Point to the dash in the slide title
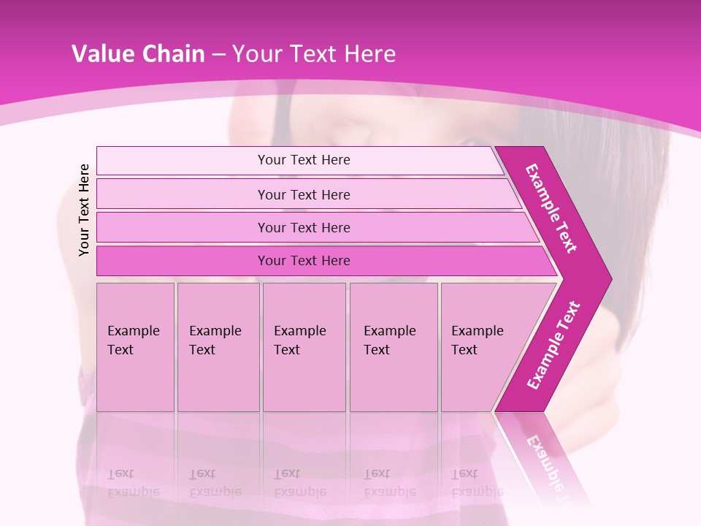click(x=218, y=55)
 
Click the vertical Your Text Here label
click(x=84, y=210)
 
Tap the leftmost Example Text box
click(x=135, y=347)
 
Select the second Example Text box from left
click(x=218, y=347)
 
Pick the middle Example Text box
click(x=304, y=347)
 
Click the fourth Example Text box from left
click(x=394, y=347)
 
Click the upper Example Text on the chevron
click(x=551, y=208)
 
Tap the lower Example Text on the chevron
click(x=553, y=346)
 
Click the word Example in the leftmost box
click(x=133, y=331)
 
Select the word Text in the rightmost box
click(x=464, y=350)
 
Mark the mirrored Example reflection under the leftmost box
click(x=133, y=492)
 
